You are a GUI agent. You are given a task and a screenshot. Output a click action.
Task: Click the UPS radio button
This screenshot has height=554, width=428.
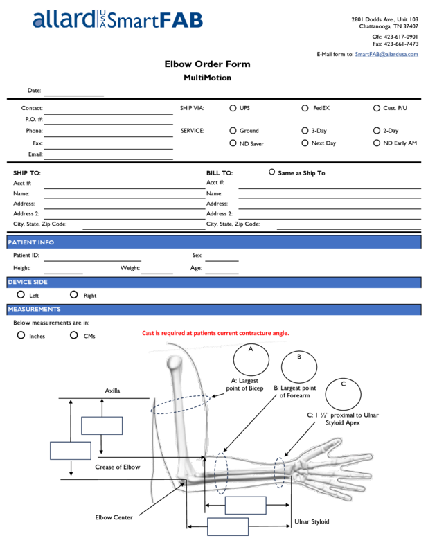click(233, 108)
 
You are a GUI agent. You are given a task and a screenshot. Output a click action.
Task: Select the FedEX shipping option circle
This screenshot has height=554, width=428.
click(305, 108)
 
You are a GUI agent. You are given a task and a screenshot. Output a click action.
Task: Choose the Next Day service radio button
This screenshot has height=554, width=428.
click(305, 143)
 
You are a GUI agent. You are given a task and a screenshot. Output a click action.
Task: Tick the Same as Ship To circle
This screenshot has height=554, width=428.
click(271, 172)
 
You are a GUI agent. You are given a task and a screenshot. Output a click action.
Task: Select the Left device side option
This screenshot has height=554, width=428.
click(21, 295)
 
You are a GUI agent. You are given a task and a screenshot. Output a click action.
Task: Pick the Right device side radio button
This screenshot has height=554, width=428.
click(74, 295)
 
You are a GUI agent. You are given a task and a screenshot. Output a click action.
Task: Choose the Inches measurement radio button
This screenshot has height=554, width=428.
click(21, 335)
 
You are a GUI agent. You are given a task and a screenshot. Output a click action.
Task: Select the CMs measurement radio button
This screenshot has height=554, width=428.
click(74, 335)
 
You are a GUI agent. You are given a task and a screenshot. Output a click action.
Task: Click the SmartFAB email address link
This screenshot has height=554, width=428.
click(386, 54)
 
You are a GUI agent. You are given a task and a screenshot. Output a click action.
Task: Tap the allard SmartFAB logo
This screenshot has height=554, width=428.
click(118, 20)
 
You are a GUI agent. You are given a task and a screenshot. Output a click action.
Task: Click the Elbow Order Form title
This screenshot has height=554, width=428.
click(207, 65)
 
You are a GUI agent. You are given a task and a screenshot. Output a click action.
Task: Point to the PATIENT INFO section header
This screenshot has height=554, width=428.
click(31, 243)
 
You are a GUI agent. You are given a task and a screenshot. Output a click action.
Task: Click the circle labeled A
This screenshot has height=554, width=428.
click(251, 359)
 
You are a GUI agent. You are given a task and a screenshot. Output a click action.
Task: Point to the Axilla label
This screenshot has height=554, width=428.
click(112, 391)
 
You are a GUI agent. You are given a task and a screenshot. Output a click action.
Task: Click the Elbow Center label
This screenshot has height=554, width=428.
click(114, 517)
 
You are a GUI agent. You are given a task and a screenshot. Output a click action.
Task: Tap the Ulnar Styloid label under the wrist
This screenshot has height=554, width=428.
click(312, 521)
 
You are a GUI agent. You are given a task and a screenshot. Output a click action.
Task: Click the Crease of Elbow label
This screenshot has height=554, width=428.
click(117, 467)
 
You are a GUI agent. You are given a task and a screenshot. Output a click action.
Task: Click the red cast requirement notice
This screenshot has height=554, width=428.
click(215, 333)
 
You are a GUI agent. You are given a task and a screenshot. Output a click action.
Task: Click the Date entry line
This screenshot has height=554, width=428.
click(73, 92)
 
